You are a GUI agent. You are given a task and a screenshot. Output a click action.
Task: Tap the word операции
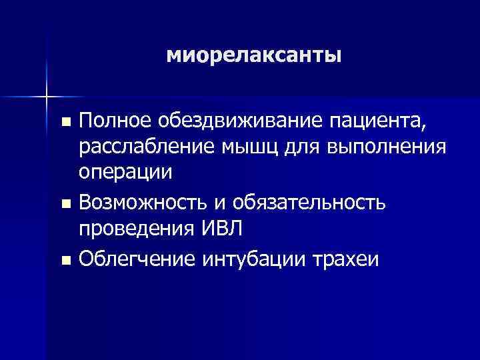(125, 171)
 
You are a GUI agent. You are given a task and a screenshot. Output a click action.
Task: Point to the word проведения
(135, 228)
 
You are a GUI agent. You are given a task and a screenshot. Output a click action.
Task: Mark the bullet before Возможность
(65, 202)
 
